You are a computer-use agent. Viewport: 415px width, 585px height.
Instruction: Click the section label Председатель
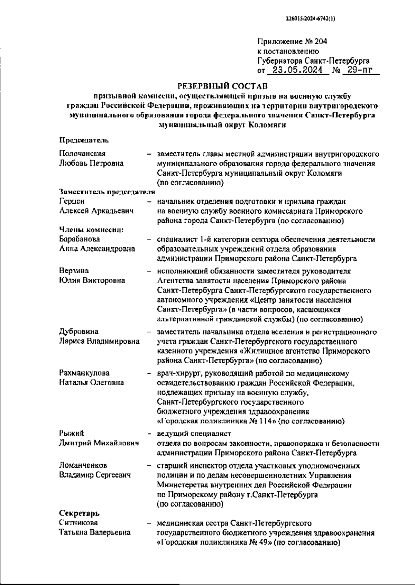point(84,140)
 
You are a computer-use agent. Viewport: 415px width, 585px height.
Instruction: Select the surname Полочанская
point(82,154)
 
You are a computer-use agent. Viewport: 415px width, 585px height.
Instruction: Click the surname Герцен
point(72,201)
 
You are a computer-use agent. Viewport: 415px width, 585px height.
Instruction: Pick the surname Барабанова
point(80,239)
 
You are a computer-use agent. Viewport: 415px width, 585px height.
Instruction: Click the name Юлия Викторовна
point(92,280)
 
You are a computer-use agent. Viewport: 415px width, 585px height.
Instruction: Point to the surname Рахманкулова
point(84,373)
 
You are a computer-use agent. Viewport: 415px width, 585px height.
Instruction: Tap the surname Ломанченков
point(83,466)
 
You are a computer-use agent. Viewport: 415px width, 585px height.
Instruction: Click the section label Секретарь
point(79,513)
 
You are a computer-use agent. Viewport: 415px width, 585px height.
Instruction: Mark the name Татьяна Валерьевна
point(95,532)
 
